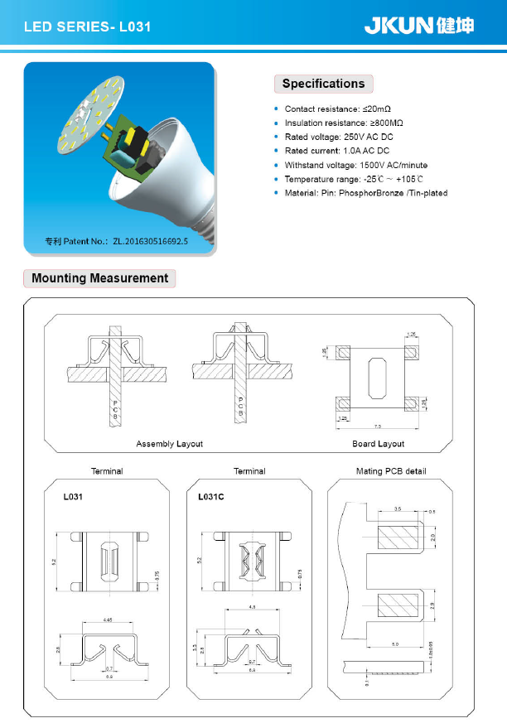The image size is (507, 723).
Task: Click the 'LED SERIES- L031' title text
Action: click(x=87, y=27)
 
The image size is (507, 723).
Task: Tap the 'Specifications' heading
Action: click(x=323, y=84)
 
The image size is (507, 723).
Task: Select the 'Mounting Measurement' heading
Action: click(x=99, y=278)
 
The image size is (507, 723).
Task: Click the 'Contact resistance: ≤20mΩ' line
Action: click(x=337, y=109)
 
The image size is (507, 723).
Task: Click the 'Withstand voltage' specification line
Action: click(x=355, y=166)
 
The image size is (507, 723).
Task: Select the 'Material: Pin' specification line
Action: click(x=365, y=193)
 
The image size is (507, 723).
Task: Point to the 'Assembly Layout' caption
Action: click(x=169, y=444)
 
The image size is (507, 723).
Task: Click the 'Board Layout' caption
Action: click(x=379, y=444)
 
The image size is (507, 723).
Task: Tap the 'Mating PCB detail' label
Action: click(x=390, y=471)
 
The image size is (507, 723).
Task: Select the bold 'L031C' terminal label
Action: click(x=212, y=499)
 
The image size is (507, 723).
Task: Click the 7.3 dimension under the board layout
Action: click(x=377, y=426)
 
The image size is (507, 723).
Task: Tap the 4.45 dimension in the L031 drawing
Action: click(x=109, y=619)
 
